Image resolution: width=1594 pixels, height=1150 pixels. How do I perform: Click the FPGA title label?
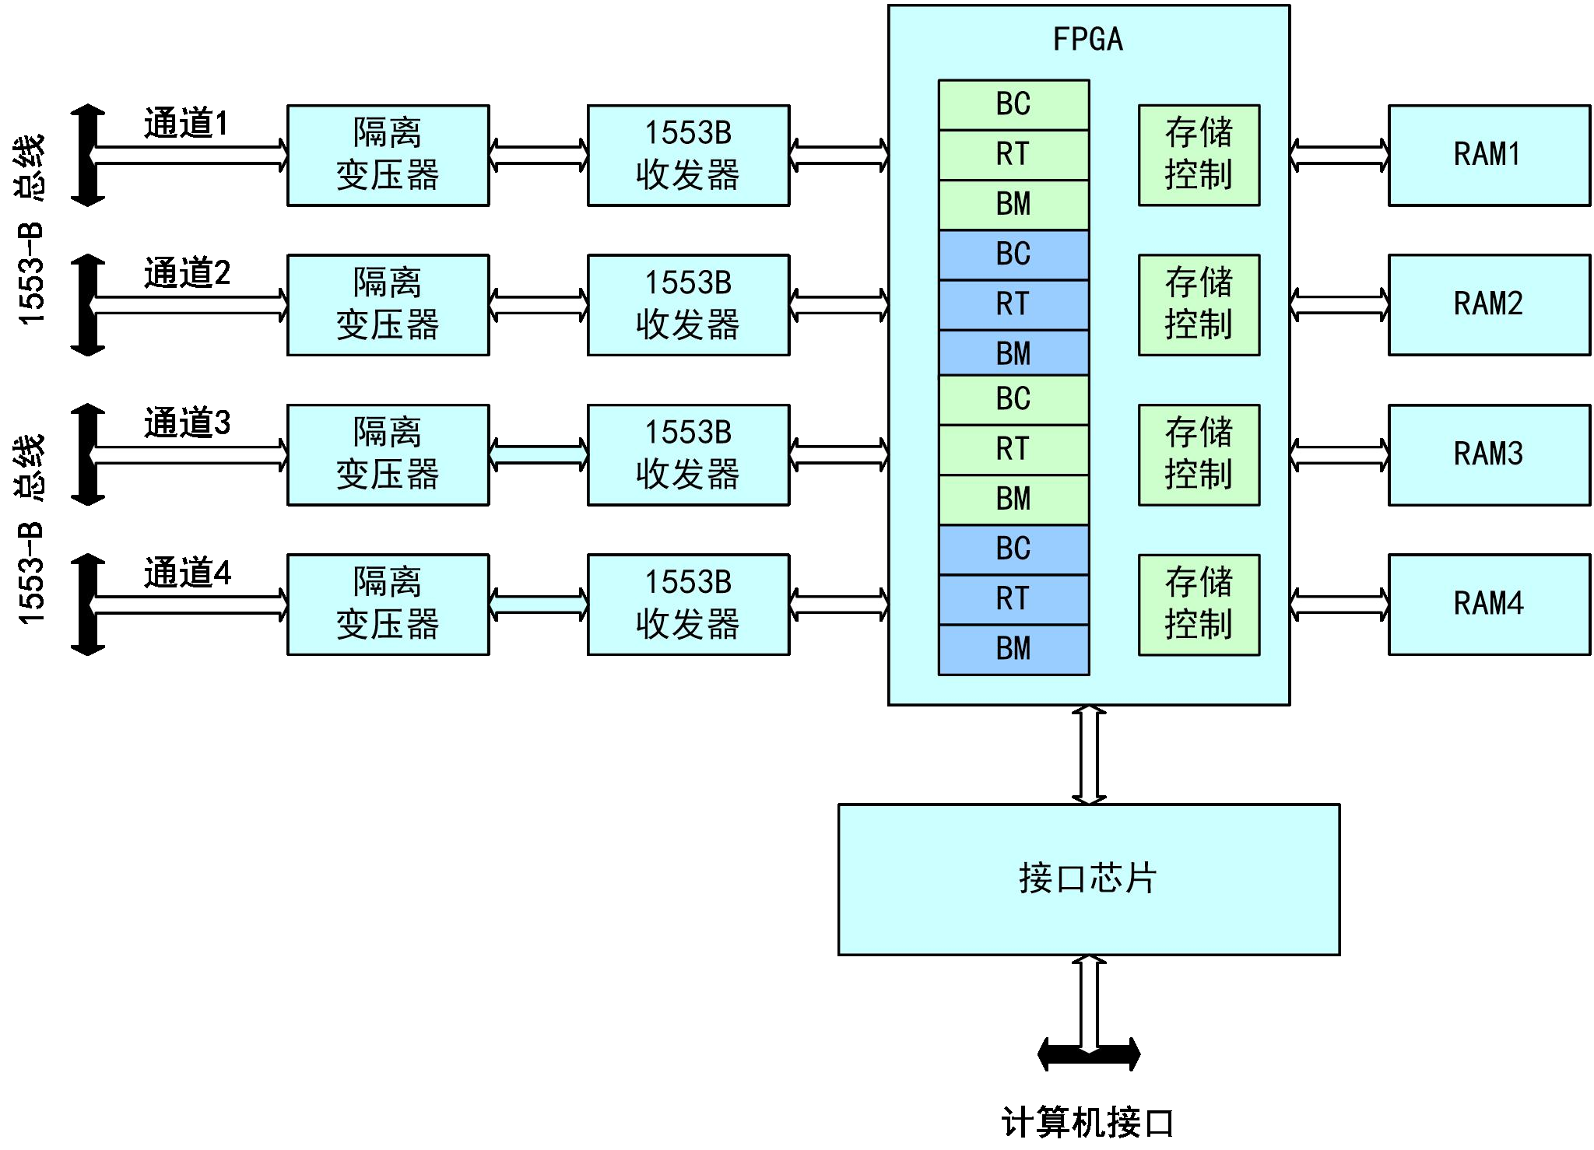[1087, 39]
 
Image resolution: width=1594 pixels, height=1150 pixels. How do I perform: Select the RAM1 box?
[1488, 155]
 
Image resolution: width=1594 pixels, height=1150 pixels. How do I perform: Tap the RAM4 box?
[1488, 604]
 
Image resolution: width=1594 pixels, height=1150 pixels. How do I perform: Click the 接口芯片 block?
[1088, 879]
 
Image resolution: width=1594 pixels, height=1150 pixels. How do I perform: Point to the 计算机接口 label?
[1087, 1122]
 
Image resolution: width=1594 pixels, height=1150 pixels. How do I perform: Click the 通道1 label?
[186, 124]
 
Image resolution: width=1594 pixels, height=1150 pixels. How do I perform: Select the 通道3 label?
[187, 423]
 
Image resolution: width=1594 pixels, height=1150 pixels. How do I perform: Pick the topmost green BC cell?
[1013, 104]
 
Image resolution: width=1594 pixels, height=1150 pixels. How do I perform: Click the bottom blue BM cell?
[1013, 649]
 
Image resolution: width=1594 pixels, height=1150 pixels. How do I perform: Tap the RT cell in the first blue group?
[1013, 304]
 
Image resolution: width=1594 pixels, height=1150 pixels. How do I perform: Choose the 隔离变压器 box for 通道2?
[388, 304]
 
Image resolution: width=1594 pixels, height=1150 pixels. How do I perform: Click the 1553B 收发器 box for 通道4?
[688, 604]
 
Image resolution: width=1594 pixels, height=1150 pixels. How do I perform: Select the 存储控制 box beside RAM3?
[1199, 454]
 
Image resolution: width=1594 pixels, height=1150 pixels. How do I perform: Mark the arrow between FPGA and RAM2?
[1339, 305]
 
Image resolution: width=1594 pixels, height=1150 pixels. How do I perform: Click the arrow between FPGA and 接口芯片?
[1089, 754]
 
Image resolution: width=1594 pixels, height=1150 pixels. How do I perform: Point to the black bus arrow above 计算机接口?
[1089, 1054]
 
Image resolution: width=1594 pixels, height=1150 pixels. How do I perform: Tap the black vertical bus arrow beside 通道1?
[88, 156]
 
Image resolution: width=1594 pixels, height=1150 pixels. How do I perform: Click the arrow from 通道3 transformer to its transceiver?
[539, 454]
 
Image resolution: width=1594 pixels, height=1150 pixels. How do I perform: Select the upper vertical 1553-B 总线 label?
[31, 230]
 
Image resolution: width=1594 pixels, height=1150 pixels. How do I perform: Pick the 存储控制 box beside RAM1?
[1199, 155]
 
